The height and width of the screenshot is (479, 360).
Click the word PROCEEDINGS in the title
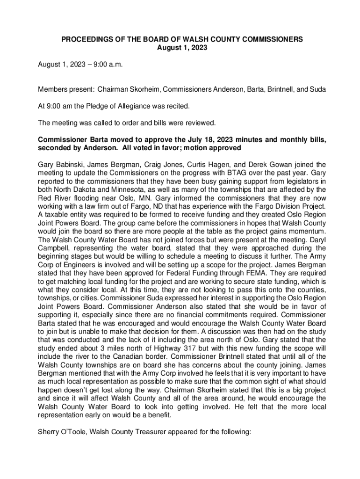tap(84, 40)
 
